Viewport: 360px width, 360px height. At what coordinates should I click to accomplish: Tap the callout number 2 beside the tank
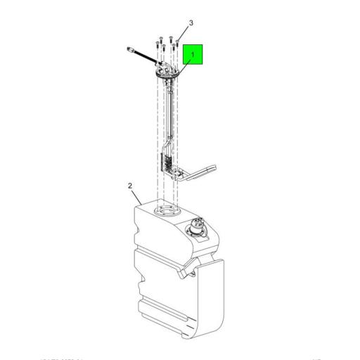click(x=130, y=186)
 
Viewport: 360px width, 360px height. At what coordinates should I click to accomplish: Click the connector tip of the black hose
click(x=127, y=49)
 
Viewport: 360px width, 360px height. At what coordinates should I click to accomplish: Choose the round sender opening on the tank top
click(x=165, y=210)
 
